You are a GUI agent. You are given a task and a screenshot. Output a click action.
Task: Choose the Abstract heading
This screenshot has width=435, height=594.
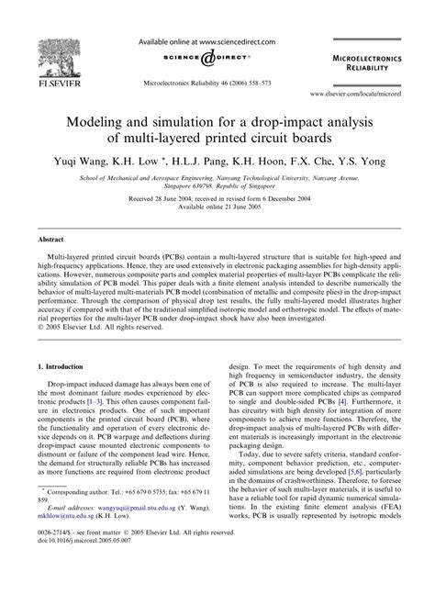49,238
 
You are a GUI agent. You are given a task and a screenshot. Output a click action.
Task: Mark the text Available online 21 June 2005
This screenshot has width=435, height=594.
217,207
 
